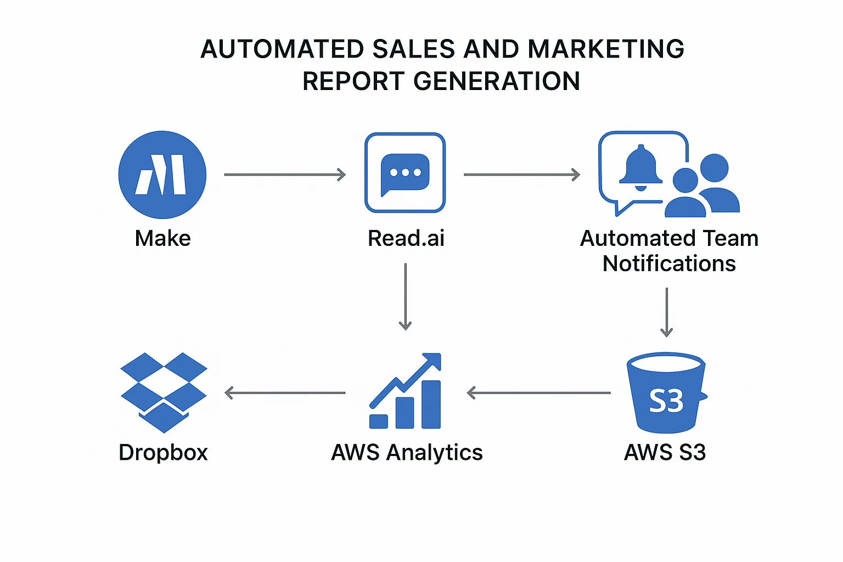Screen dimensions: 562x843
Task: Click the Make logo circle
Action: [x=162, y=175]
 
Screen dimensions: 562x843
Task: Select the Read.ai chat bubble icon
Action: [x=405, y=173]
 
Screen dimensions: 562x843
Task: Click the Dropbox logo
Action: [x=164, y=392]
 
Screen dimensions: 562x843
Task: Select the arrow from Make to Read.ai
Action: [x=285, y=175]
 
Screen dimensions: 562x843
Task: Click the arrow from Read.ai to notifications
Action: [x=521, y=175]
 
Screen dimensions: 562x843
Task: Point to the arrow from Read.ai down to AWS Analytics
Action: [x=405, y=296]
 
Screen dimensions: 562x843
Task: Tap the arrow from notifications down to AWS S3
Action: [x=666, y=312]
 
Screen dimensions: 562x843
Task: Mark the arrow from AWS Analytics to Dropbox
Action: [x=285, y=393]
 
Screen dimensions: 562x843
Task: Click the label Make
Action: [x=163, y=239]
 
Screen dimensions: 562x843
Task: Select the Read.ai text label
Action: [x=406, y=239]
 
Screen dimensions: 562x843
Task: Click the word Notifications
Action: [x=669, y=264]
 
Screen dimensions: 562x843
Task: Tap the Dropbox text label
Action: [x=164, y=453]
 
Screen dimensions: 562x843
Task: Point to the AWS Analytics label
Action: [x=407, y=453]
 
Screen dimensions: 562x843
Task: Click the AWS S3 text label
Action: [x=665, y=453]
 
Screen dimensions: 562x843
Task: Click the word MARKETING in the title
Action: [x=606, y=49]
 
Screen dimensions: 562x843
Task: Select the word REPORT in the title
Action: [x=353, y=82]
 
